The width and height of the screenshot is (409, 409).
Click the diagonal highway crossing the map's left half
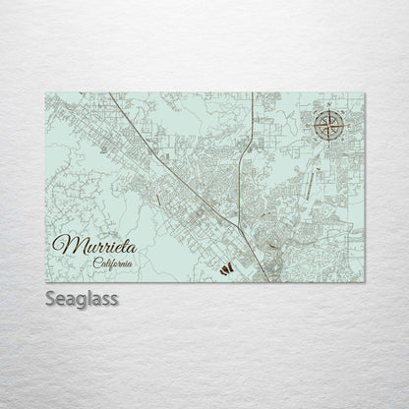(x=157, y=147)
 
